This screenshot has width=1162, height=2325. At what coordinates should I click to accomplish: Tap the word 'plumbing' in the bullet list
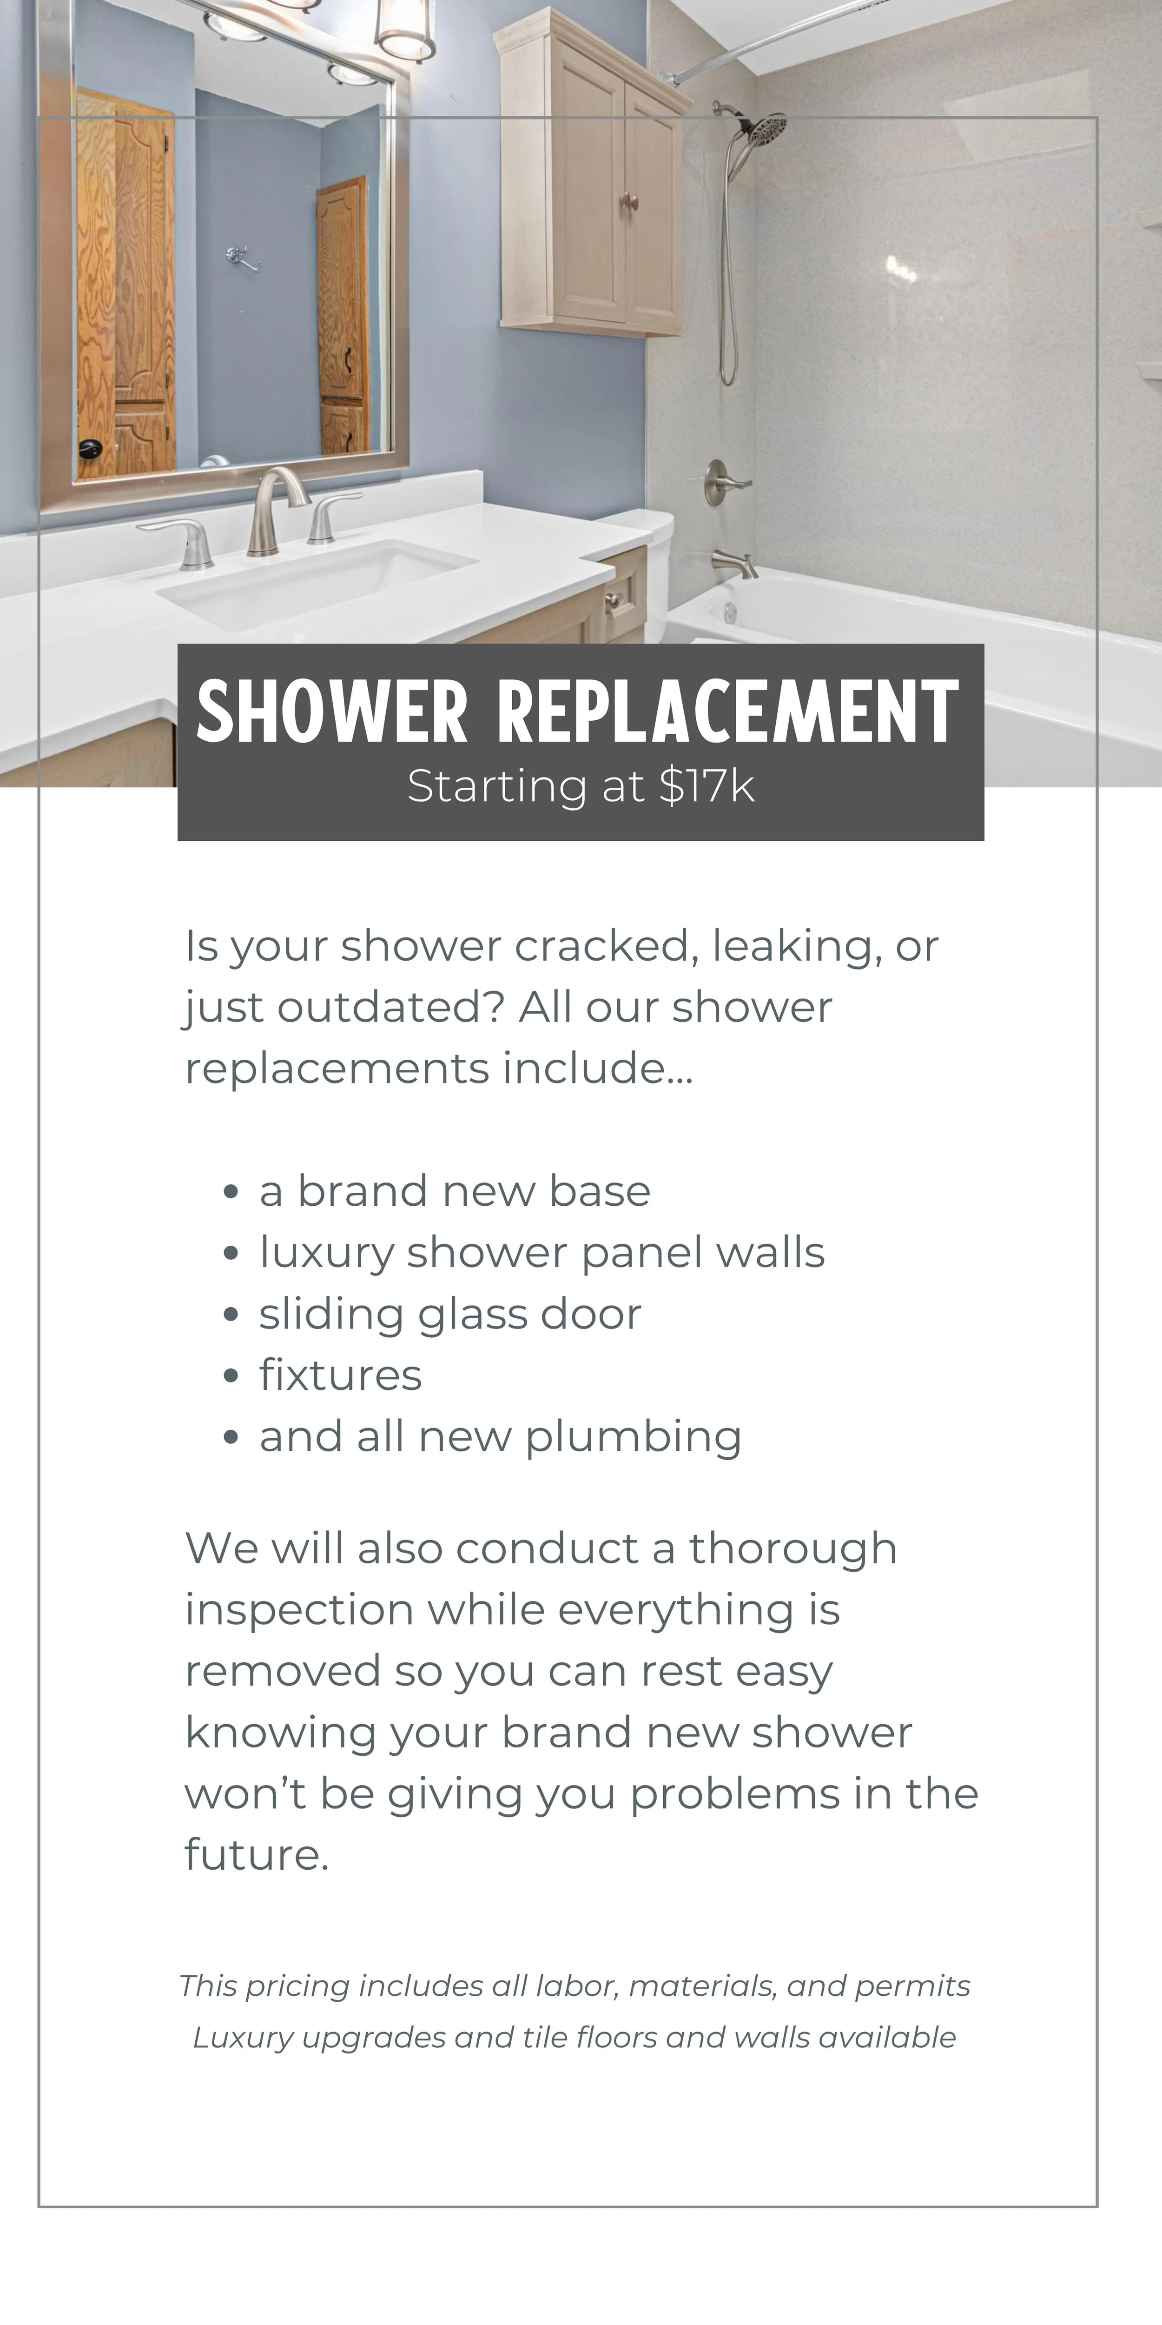tap(634, 1437)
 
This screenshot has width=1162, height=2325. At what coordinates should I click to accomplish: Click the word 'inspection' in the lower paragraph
tap(298, 1610)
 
